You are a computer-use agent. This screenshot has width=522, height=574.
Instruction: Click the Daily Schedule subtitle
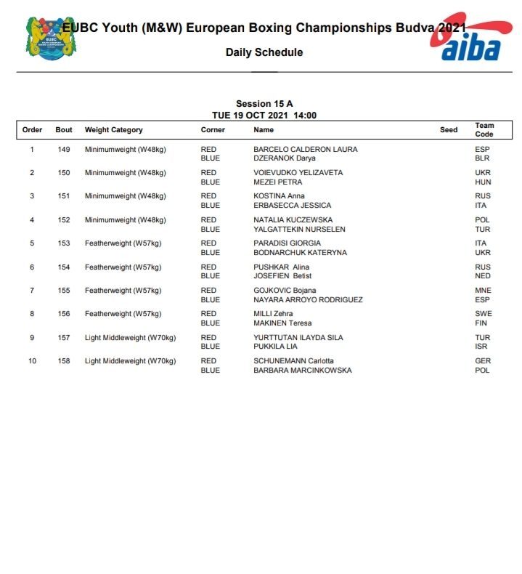pos(264,52)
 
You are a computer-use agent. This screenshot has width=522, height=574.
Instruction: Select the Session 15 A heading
pos(264,104)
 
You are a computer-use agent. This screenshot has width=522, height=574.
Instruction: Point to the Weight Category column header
pos(114,130)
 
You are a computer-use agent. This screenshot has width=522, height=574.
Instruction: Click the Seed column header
pos(449,130)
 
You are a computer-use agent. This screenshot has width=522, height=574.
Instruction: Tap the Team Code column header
pos(484,130)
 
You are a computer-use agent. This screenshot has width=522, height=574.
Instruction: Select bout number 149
pos(64,150)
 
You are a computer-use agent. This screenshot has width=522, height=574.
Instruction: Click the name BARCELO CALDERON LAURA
pos(305,150)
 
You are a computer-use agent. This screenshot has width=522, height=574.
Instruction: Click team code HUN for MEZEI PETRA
pos(483,182)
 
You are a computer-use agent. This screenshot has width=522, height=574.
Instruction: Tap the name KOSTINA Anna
pos(280,196)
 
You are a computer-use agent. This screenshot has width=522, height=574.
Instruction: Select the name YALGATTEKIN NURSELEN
pos(299,230)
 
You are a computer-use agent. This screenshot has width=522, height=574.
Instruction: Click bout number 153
pos(64,243)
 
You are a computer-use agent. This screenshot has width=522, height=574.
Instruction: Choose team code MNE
pos(483,291)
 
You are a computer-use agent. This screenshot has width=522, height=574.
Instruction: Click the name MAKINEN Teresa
pos(282,323)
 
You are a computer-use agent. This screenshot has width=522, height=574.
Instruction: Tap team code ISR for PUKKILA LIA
pos(482,347)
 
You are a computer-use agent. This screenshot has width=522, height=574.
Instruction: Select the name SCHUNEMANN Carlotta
pos(293,361)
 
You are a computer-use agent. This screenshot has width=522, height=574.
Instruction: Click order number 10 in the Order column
pos(32,361)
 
